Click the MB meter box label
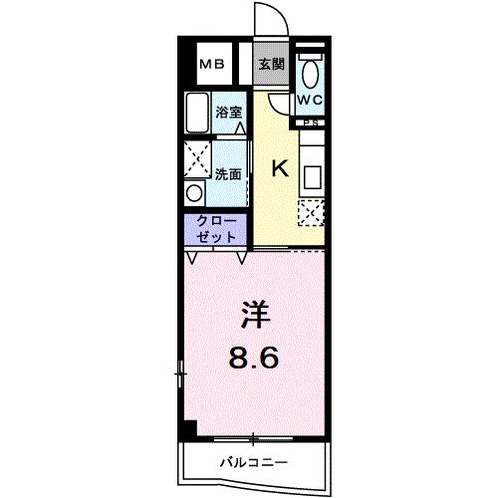click(212, 64)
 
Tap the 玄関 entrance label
click(272, 64)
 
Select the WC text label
click(310, 100)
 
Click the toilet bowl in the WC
click(311, 74)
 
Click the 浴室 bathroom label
click(229, 113)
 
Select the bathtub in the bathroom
click(197, 113)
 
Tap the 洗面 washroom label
click(228, 174)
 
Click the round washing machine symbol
click(194, 193)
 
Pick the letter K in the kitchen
click(280, 168)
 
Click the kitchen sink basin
click(313, 177)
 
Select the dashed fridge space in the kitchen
click(311, 213)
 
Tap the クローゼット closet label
click(216, 229)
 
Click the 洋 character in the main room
click(256, 315)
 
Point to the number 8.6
click(254, 359)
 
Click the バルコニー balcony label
click(254, 462)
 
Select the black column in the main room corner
click(190, 427)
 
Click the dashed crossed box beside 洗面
click(197, 159)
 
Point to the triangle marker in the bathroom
click(240, 128)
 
